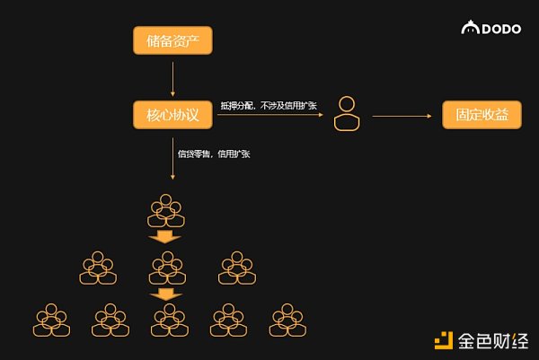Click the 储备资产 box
click(x=172, y=40)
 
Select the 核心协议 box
click(x=172, y=116)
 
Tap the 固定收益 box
click(x=482, y=116)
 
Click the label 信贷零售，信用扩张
click(x=215, y=154)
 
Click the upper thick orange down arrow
click(x=164, y=237)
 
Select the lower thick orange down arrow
click(x=164, y=294)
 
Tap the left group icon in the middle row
click(x=98, y=268)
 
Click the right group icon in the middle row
click(x=237, y=268)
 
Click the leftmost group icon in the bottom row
click(x=51, y=320)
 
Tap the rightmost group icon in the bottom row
click(x=287, y=320)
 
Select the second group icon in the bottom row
click(x=110, y=320)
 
